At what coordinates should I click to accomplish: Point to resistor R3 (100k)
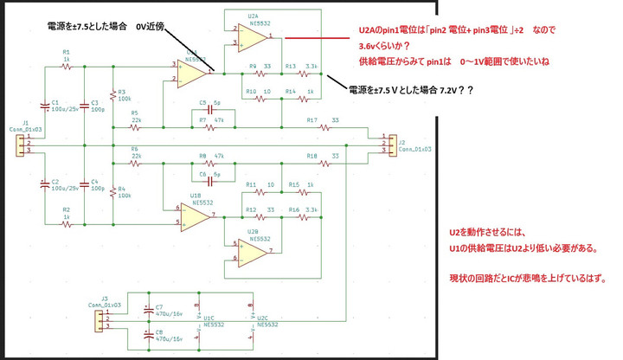point(112,96)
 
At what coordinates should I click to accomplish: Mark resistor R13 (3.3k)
point(291,74)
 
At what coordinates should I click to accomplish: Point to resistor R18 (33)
point(325,162)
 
